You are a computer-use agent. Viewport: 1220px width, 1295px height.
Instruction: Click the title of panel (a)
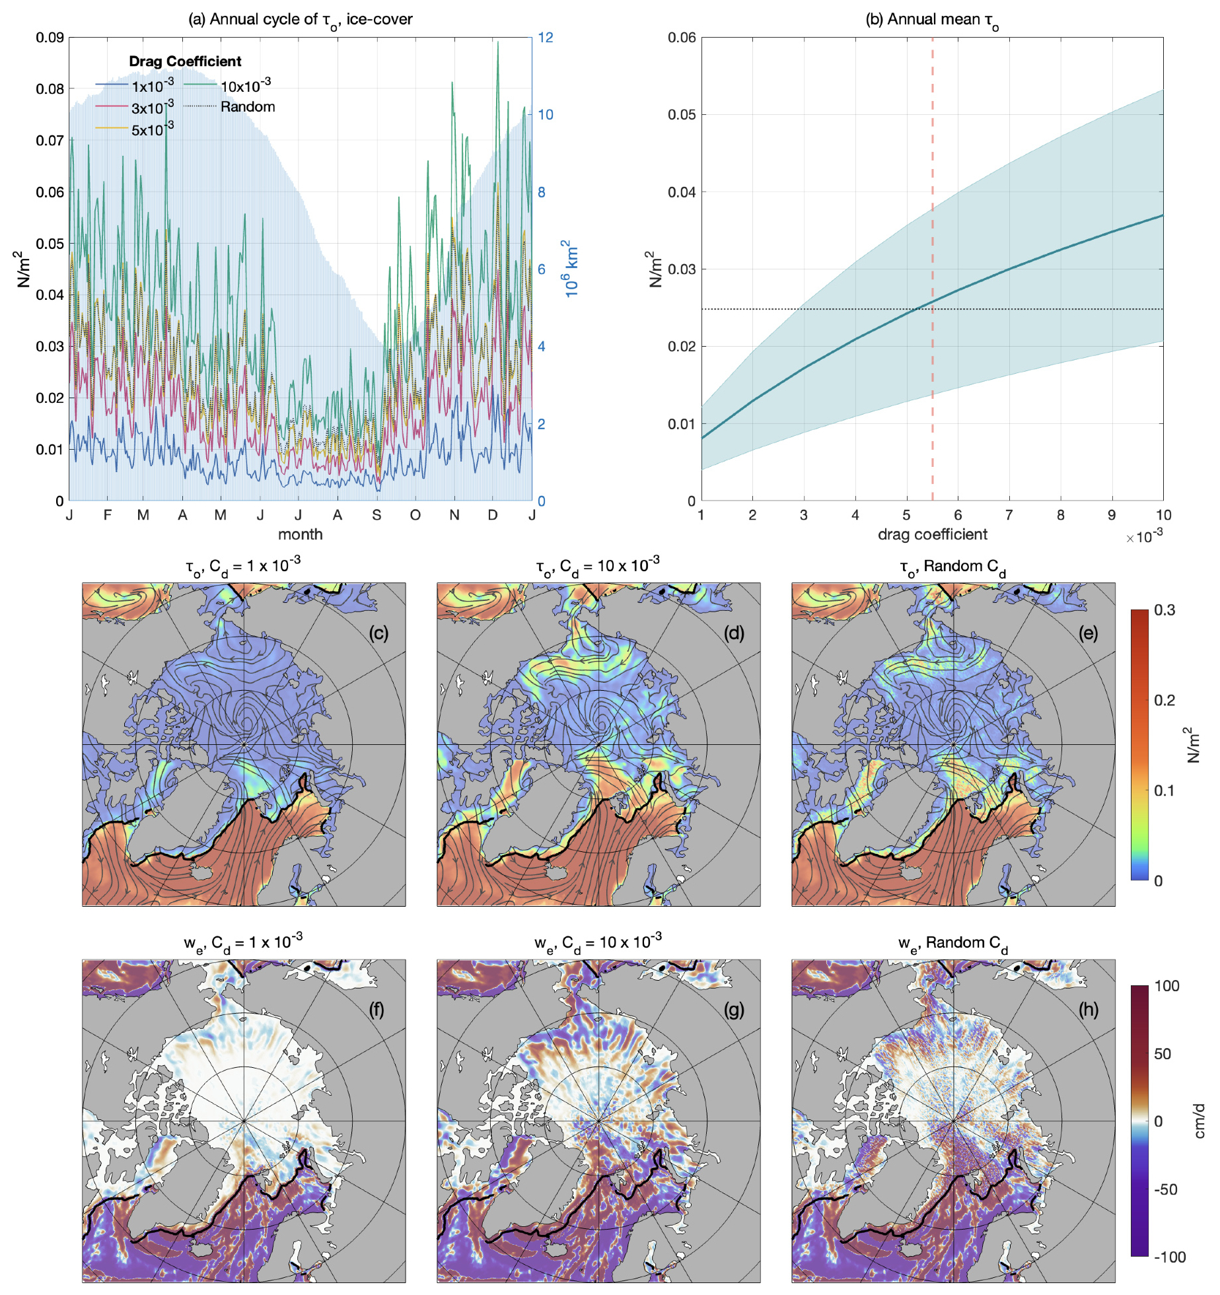click(x=300, y=20)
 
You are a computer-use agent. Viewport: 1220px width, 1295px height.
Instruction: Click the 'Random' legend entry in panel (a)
click(x=248, y=107)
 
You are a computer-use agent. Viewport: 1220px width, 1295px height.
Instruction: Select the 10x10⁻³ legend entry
click(x=245, y=86)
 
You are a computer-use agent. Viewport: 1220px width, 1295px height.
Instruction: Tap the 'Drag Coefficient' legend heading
click(x=185, y=61)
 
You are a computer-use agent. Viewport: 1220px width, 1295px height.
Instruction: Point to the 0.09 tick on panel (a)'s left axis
click(x=50, y=38)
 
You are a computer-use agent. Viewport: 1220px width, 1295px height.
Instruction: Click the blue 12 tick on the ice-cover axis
click(x=545, y=38)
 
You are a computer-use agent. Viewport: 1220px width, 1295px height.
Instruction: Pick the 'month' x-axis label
click(x=300, y=534)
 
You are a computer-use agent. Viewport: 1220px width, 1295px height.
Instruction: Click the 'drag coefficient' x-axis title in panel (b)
click(x=932, y=534)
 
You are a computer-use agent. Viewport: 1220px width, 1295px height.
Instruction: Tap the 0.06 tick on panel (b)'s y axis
click(x=682, y=38)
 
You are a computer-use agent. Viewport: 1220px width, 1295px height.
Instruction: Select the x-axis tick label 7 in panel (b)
click(x=1009, y=515)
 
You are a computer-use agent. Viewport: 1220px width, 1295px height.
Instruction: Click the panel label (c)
click(x=378, y=633)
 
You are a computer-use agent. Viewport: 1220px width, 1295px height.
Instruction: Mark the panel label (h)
click(x=1088, y=1010)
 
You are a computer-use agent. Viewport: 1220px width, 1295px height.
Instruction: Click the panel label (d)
click(x=734, y=633)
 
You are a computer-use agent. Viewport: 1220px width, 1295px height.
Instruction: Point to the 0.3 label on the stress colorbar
click(x=1165, y=610)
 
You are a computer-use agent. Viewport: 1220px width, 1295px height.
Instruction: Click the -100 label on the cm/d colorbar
click(x=1169, y=1257)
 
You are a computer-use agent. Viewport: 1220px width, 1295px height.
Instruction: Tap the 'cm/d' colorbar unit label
click(x=1200, y=1121)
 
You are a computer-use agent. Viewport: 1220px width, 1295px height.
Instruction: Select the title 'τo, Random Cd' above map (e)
click(x=952, y=567)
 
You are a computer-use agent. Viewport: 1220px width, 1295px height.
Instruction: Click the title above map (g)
click(x=598, y=942)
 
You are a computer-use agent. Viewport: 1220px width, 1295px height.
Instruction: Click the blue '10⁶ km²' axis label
click(x=570, y=268)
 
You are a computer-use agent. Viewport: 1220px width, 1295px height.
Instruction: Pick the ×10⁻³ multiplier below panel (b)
click(x=1144, y=536)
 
